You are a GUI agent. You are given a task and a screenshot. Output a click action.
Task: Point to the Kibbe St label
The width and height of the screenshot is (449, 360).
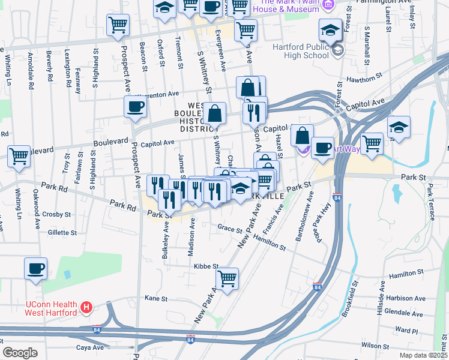[205, 266]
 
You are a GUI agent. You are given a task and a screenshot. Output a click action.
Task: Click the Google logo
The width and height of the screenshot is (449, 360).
[20, 353]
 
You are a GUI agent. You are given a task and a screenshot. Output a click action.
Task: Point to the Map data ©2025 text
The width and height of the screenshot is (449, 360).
[423, 355]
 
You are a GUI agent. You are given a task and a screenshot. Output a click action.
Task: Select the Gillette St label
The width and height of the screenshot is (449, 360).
[62, 232]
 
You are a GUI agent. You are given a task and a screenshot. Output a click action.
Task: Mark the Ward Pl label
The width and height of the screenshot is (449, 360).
[406, 330]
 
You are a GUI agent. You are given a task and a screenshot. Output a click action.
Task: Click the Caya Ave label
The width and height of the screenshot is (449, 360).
[89, 347]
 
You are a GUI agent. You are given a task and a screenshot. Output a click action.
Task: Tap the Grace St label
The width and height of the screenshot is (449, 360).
[230, 229]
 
